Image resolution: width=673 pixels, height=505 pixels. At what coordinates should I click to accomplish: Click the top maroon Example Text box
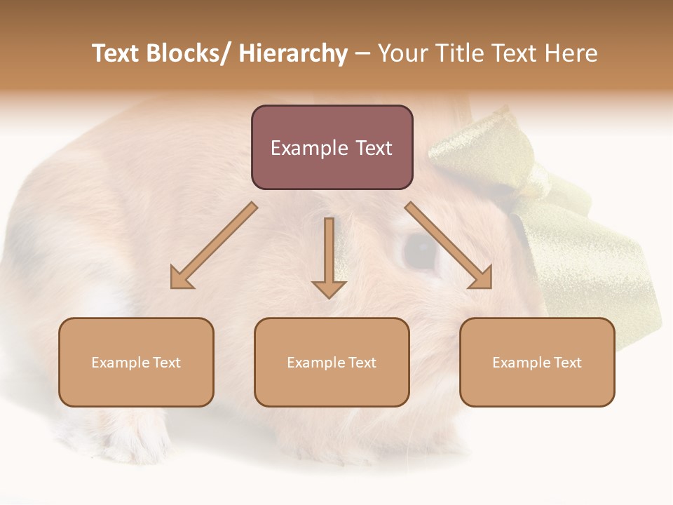[332, 147]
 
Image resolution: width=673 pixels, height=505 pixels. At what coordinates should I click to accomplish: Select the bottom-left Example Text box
[136, 362]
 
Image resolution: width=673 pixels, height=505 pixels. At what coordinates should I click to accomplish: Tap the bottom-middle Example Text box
[332, 362]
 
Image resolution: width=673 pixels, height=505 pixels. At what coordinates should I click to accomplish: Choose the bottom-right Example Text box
[537, 362]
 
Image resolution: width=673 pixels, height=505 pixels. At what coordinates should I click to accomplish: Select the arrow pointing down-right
[449, 245]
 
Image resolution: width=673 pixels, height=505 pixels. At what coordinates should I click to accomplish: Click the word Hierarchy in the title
[293, 54]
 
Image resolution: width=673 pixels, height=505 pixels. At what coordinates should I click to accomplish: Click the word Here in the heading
[571, 54]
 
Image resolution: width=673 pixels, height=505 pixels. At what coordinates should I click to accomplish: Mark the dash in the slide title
[363, 54]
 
